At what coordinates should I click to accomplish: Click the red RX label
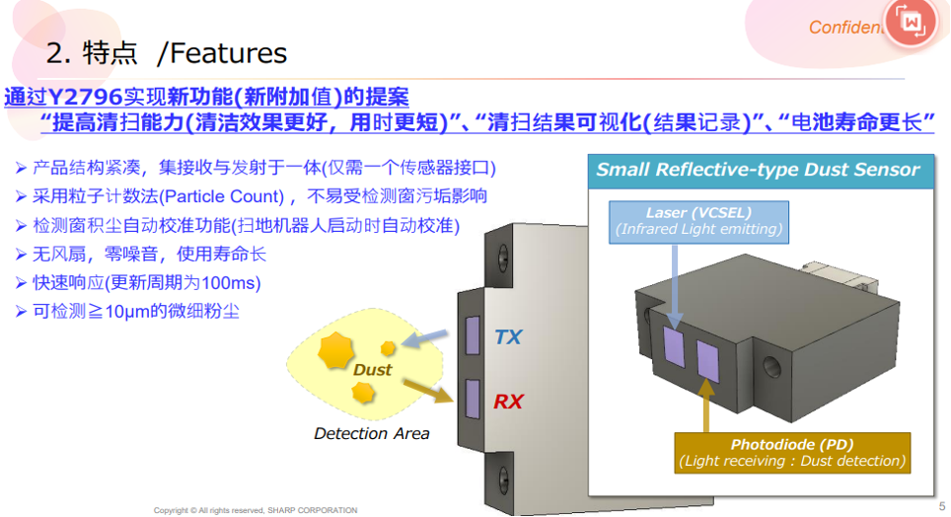coord(508,402)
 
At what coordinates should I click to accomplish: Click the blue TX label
coord(508,336)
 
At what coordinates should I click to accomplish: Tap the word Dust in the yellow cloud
coord(372,370)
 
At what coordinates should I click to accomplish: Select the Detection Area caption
coord(372,433)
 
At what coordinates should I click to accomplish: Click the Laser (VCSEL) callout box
coord(698,222)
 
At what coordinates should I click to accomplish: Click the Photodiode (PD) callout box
coord(792,453)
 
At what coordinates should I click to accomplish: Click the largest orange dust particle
coord(335,350)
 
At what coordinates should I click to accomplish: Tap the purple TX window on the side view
coord(473,334)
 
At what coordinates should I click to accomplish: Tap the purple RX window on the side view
coord(473,399)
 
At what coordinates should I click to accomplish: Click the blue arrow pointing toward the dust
coord(424,338)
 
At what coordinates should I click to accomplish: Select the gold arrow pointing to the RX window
coord(427,390)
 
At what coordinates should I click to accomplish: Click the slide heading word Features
coord(229,53)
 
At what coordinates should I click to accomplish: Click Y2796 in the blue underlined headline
coord(85,97)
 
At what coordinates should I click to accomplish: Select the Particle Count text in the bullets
coord(224,196)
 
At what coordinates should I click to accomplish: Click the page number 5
coord(942,506)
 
